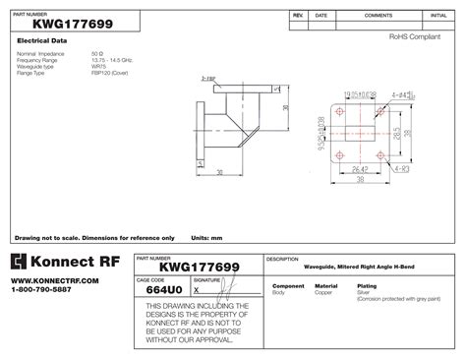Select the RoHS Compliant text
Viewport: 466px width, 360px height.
click(x=410, y=36)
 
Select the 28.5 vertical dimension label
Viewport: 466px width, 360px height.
click(x=397, y=132)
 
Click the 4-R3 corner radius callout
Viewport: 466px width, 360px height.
click(x=400, y=168)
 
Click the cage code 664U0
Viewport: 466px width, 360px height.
click(x=162, y=290)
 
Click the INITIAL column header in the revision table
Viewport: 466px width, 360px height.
click(x=437, y=17)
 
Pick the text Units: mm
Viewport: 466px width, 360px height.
click(x=206, y=238)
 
